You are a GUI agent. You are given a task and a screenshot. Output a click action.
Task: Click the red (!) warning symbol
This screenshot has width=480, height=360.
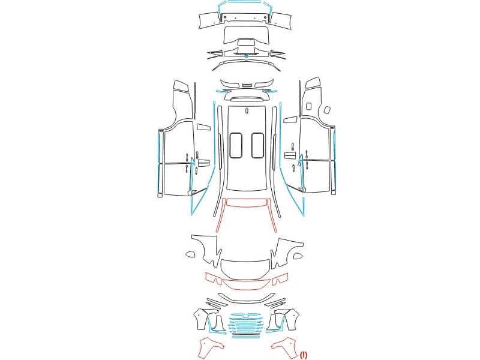tap(304, 355)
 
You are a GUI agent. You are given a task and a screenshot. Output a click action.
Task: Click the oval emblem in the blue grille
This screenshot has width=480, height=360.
tap(246, 316)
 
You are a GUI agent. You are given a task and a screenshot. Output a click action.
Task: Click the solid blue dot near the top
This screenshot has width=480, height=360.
tap(246, 56)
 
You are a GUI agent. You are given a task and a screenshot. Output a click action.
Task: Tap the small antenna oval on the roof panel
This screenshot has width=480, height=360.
tap(247, 110)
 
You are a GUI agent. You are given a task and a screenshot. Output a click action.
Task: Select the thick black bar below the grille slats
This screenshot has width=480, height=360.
tap(247, 334)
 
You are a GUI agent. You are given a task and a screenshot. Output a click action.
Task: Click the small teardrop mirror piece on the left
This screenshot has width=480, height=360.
tap(190, 254)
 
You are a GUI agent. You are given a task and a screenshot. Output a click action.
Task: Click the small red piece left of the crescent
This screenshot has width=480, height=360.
tap(214, 278)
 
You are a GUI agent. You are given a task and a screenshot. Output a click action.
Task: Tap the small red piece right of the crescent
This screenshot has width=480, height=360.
tap(280, 278)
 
